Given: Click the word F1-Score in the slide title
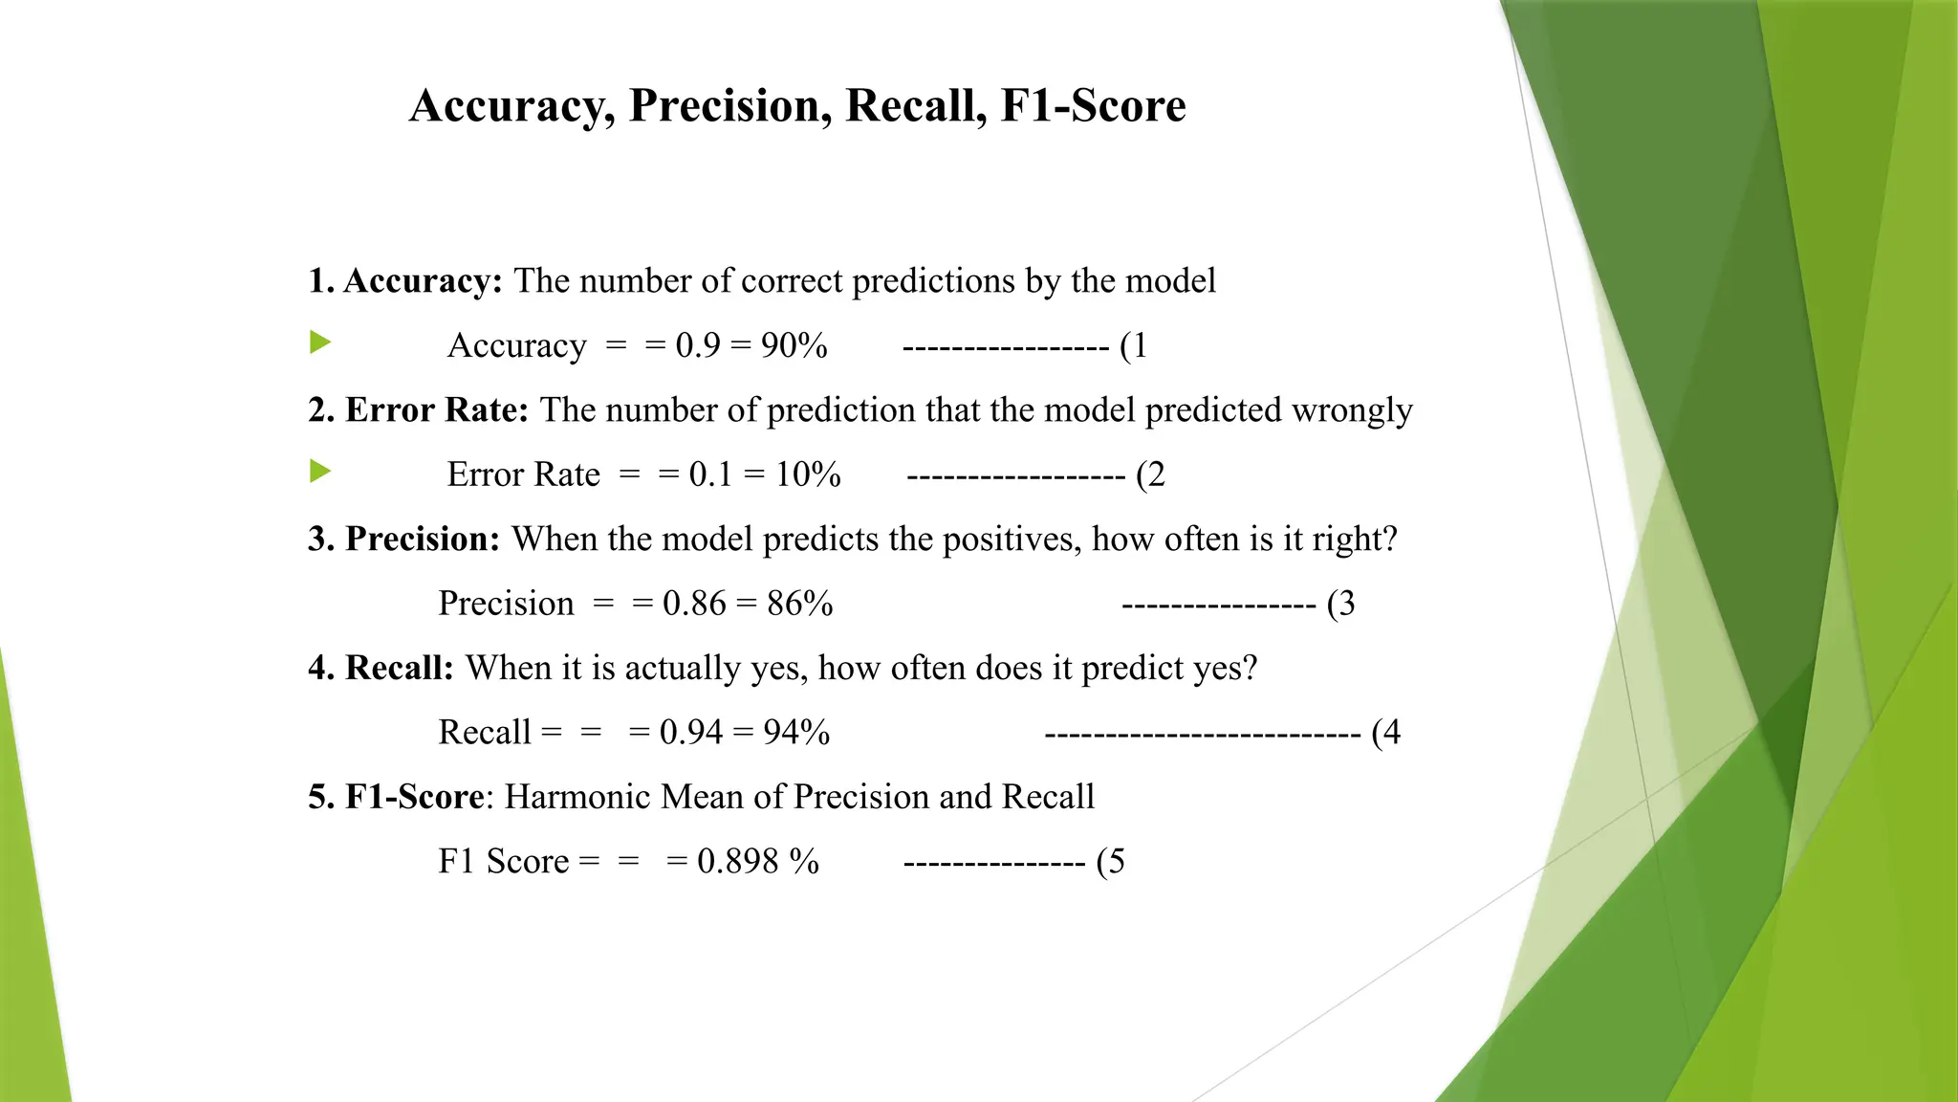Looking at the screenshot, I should (x=1093, y=105).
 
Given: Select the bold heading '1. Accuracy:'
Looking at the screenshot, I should (x=404, y=281).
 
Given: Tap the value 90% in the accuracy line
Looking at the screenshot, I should (x=794, y=345).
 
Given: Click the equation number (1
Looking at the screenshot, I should (x=1133, y=345).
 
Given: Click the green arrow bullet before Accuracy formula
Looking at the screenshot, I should (x=320, y=342).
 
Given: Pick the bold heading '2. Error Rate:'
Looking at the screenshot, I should (x=418, y=410).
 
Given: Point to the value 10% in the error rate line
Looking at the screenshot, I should (x=808, y=474).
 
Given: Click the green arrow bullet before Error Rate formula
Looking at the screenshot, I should (x=320, y=472).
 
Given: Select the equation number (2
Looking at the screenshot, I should (x=1150, y=474).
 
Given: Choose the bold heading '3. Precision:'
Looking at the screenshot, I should (x=403, y=540).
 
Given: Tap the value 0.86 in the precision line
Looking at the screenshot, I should (x=694, y=604).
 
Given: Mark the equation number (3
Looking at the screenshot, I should (x=1340, y=604).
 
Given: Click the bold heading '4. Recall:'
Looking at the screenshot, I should (x=381, y=668).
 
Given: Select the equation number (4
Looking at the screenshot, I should (x=1385, y=733).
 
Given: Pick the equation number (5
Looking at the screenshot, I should (x=1110, y=861).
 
